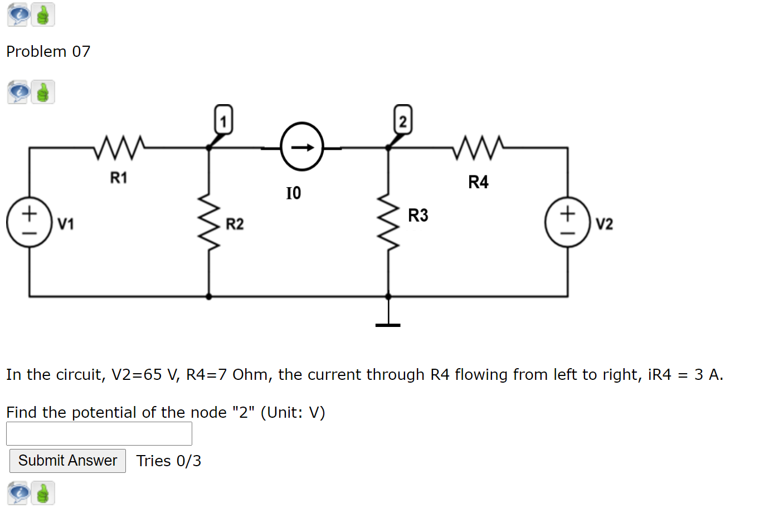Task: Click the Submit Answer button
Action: [67, 461]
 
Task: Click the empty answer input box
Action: [99, 433]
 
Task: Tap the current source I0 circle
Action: [302, 147]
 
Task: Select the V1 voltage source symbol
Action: [29, 222]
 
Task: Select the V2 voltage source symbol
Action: [567, 222]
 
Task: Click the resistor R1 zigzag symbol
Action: [119, 147]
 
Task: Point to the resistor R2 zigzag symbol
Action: [209, 222]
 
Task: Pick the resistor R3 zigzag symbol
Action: [388, 222]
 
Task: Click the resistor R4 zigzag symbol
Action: [478, 147]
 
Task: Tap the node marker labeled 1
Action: [223, 120]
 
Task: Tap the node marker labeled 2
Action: [403, 120]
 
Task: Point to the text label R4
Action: [478, 182]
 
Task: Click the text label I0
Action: [294, 193]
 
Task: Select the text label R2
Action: [235, 224]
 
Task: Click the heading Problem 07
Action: [48, 51]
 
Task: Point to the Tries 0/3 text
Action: [168, 461]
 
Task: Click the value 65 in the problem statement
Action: [153, 374]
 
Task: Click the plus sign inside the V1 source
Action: [29, 213]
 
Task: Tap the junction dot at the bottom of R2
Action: [209, 296]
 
